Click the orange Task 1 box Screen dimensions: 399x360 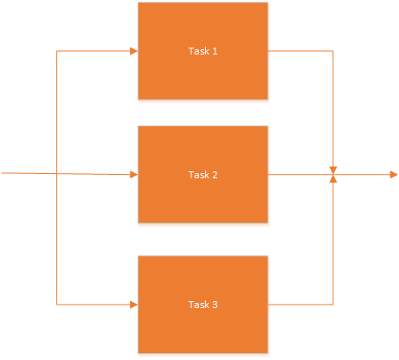click(x=203, y=51)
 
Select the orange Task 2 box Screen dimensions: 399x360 click(x=203, y=175)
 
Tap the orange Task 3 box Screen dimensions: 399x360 click(x=203, y=305)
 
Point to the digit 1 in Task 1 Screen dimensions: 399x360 click(x=215, y=51)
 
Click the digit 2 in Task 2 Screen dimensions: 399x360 click(x=215, y=175)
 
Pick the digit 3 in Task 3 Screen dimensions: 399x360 click(x=215, y=305)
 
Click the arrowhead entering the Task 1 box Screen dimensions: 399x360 click(x=134, y=51)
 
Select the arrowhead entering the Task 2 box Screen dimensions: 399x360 click(x=134, y=175)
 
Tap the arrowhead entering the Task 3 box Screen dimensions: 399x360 click(x=134, y=305)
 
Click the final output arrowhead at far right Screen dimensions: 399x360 click(x=394, y=175)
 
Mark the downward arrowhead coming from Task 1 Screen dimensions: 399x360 click(x=333, y=170)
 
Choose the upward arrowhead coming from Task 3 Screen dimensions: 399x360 click(x=333, y=179)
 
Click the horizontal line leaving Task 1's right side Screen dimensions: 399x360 click(x=300, y=51)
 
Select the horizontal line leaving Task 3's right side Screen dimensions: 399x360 click(x=300, y=305)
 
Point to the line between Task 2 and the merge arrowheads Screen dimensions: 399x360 click(x=299, y=175)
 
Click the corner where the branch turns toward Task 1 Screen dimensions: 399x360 click(x=56, y=51)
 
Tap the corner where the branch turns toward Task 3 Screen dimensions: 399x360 click(x=56, y=305)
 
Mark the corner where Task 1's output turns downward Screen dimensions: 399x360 click(x=333, y=51)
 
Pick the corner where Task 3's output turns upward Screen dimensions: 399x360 click(x=333, y=305)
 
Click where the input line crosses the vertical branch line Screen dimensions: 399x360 click(x=56, y=173)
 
